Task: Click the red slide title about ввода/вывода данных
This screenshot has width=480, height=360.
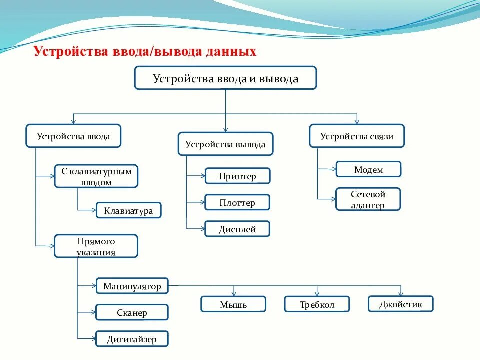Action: [145, 52]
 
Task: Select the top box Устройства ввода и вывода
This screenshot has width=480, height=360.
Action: [225, 78]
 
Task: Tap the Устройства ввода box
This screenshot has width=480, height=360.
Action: [73, 136]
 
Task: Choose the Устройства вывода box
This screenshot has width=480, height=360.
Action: [225, 144]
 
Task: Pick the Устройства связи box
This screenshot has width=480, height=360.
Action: [357, 136]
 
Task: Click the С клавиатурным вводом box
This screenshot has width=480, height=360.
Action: [96, 177]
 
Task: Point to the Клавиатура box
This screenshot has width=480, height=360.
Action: [128, 211]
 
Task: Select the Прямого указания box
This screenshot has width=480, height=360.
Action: [96, 246]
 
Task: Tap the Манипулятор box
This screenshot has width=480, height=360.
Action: [132, 286]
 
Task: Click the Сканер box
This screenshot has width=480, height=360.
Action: [132, 313]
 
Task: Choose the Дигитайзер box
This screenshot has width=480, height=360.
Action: [132, 339]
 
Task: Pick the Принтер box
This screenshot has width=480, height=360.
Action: [237, 176]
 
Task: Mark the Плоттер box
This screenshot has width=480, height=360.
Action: [237, 202]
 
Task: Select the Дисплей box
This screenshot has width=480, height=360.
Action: [237, 229]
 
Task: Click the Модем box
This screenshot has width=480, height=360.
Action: [368, 169]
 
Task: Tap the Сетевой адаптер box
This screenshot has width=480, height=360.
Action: [368, 199]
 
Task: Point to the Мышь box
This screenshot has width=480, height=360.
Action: [233, 304]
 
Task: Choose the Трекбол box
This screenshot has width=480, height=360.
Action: [317, 304]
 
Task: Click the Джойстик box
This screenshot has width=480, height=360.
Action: [401, 304]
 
